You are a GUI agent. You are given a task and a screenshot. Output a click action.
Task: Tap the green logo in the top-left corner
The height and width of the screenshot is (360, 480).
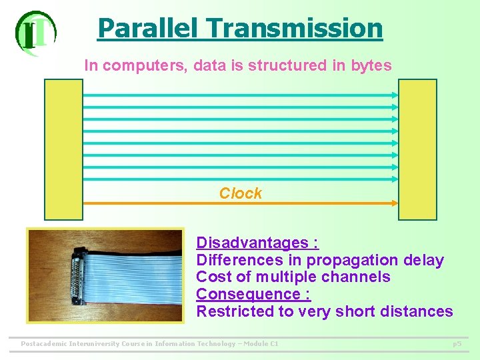click(35, 32)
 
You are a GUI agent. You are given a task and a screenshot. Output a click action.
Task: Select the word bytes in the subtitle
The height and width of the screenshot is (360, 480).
click(371, 65)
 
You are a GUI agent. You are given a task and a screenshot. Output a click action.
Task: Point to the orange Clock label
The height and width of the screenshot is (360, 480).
click(241, 193)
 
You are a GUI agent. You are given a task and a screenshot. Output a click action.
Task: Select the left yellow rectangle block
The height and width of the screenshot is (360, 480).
click(63, 149)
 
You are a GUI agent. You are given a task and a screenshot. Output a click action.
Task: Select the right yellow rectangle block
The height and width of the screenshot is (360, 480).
click(417, 149)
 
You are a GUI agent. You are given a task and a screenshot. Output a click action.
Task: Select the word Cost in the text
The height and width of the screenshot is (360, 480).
click(211, 277)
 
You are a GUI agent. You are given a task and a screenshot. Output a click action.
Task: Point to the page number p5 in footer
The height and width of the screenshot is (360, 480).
click(457, 344)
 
